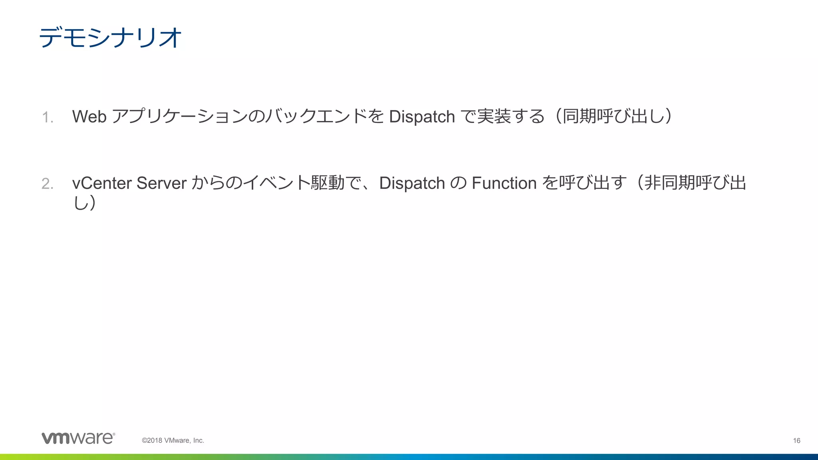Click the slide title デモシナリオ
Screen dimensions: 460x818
[110, 38]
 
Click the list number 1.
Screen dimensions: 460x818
[47, 117]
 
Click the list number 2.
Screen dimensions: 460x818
[47, 184]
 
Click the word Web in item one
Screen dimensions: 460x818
[89, 117]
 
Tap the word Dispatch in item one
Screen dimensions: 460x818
[422, 117]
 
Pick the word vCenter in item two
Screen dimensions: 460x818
[102, 183]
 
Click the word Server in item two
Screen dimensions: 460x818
[161, 183]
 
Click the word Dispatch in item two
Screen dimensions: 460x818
[412, 183]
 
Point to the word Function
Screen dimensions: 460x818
[504, 183]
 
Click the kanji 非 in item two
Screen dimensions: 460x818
[653, 183]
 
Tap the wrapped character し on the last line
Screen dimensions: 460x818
[80, 203]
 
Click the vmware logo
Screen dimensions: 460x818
[78, 438]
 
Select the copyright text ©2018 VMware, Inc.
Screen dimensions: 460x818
[173, 440]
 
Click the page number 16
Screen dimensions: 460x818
[796, 440]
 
